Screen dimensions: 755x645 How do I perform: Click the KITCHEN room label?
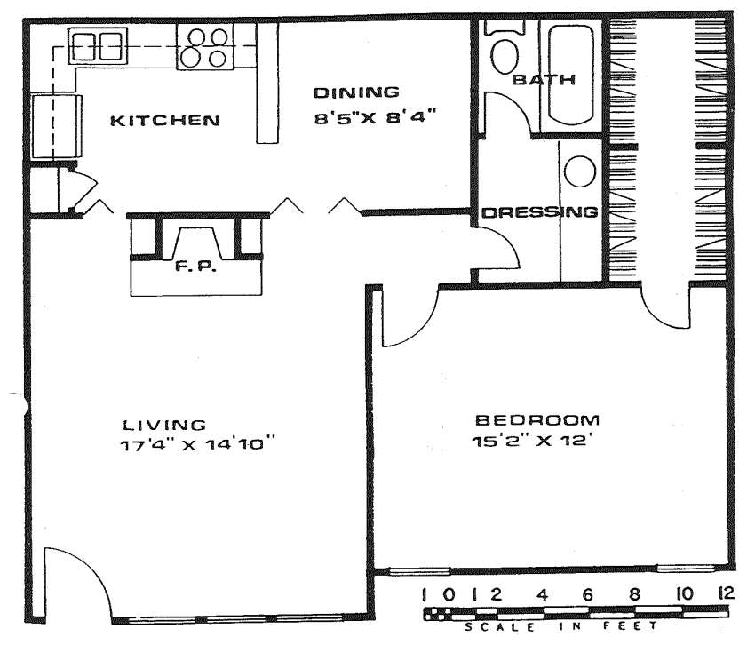[x=165, y=121]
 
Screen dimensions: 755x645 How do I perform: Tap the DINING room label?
[x=356, y=92]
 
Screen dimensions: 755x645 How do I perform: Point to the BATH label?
[x=544, y=79]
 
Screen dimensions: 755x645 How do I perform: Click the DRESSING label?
[x=540, y=212]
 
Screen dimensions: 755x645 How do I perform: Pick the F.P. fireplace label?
[x=195, y=266]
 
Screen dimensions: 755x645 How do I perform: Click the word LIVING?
[x=164, y=425]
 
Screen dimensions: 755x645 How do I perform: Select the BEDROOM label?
[x=537, y=420]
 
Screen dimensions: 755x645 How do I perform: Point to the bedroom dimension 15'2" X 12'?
[x=529, y=441]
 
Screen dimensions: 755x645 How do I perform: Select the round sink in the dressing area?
[x=580, y=172]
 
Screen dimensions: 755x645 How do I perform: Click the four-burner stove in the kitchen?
[x=205, y=47]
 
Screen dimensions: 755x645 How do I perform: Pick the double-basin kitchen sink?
[x=98, y=46]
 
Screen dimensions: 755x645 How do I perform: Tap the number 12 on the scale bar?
[x=725, y=593]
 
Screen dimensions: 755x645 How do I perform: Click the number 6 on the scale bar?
[x=588, y=595]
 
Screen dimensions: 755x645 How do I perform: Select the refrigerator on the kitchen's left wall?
[x=57, y=127]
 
